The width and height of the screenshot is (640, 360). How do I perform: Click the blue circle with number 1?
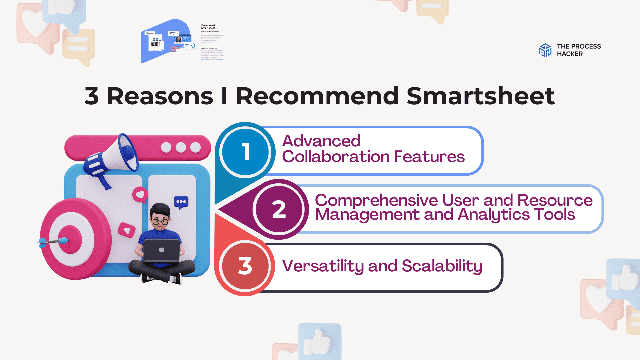(x=246, y=152)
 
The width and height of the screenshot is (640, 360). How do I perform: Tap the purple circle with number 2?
(x=279, y=209)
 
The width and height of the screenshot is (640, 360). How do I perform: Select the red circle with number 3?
(x=246, y=266)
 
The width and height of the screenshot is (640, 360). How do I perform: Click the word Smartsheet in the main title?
(x=480, y=96)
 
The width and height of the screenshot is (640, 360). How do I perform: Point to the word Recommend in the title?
(x=317, y=96)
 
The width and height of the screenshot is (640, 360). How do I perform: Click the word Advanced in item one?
(x=321, y=141)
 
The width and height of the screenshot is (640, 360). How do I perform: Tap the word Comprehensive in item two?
(x=376, y=200)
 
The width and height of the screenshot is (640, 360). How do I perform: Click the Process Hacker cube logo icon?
(x=545, y=50)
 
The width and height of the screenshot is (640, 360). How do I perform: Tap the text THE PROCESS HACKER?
(x=578, y=50)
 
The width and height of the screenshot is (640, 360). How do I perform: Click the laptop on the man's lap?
(x=162, y=250)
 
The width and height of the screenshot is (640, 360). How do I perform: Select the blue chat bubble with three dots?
(x=181, y=202)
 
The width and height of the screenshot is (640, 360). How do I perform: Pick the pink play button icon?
(x=127, y=230)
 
